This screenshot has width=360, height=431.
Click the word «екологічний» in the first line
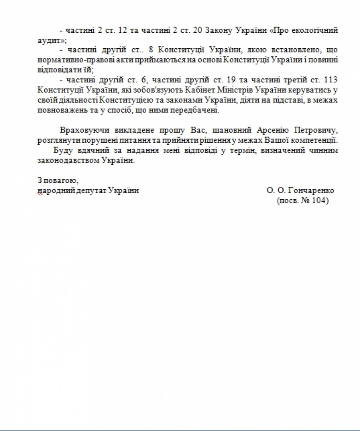coord(318,31)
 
